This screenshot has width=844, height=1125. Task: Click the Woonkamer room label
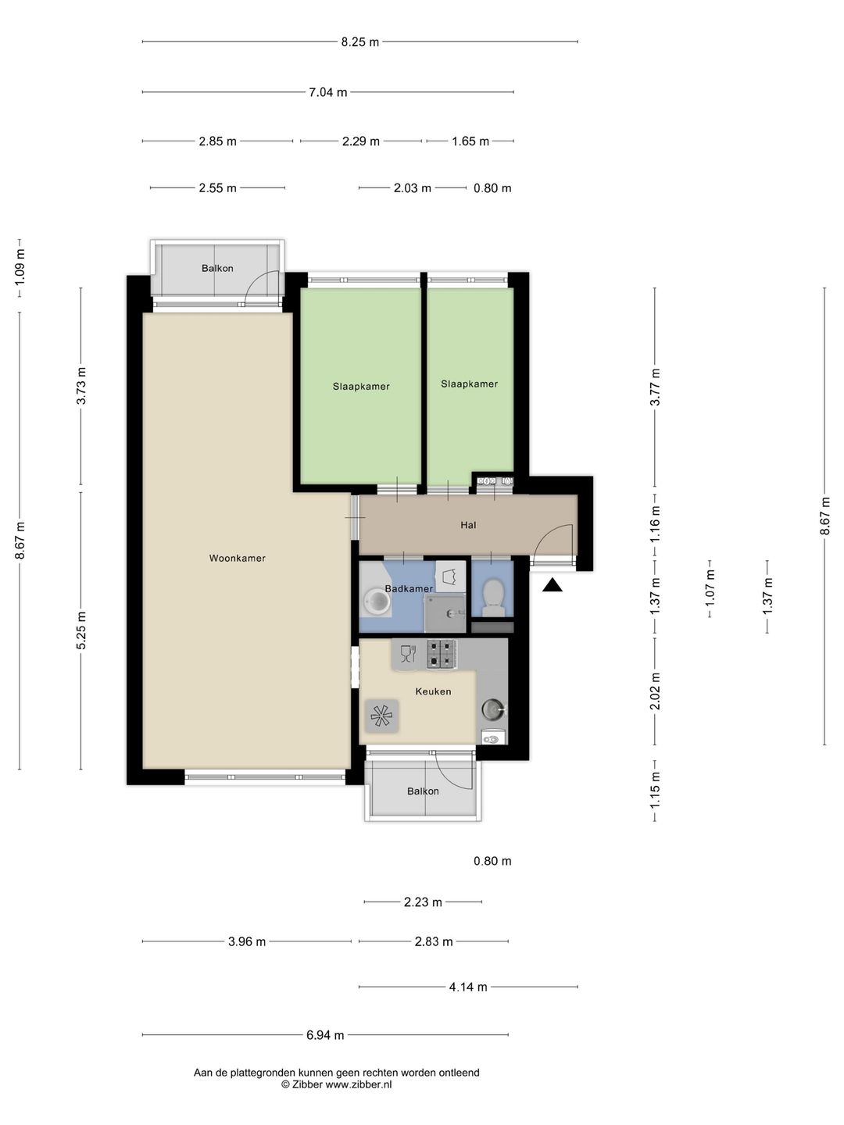pyautogui.click(x=237, y=558)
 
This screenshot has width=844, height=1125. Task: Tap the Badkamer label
pyautogui.click(x=409, y=589)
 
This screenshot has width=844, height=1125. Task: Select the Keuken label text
pyautogui.click(x=433, y=691)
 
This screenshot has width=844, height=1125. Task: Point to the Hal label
pyautogui.click(x=468, y=525)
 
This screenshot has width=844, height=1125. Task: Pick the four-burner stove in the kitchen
pyautogui.click(x=442, y=654)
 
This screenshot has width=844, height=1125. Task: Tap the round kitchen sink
pyautogui.click(x=493, y=709)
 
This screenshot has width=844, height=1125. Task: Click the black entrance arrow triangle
pyautogui.click(x=552, y=585)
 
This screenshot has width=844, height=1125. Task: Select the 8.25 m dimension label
pyautogui.click(x=359, y=42)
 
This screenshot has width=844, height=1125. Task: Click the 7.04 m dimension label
pyautogui.click(x=328, y=92)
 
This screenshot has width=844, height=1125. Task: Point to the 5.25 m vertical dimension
pyautogui.click(x=81, y=630)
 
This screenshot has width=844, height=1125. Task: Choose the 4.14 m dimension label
pyautogui.click(x=468, y=987)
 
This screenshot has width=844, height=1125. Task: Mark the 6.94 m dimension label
pyautogui.click(x=325, y=1035)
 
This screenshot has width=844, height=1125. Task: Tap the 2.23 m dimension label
pyautogui.click(x=423, y=902)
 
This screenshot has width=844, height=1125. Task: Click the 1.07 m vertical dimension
pyautogui.click(x=710, y=587)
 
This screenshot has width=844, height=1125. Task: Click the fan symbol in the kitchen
pyautogui.click(x=381, y=716)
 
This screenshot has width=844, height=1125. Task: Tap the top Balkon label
pyautogui.click(x=217, y=268)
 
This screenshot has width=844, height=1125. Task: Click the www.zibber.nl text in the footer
pyautogui.click(x=359, y=1084)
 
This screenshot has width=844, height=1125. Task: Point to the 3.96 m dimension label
pyautogui.click(x=247, y=941)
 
